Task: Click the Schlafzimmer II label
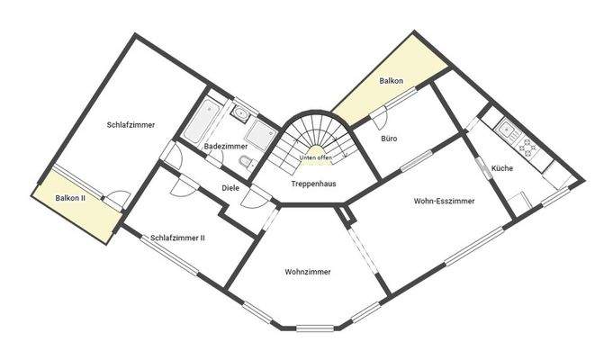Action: click(178, 238)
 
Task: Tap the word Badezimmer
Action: click(225, 146)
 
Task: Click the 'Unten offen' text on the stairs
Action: click(313, 157)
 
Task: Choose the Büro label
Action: click(389, 139)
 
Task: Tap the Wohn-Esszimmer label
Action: click(444, 201)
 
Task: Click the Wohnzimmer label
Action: click(308, 271)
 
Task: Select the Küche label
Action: click(502, 168)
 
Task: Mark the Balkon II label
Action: click(70, 198)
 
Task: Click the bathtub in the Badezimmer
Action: click(200, 123)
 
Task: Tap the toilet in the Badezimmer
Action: click(245, 161)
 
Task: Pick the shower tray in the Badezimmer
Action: click(263, 136)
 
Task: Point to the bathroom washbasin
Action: click(239, 113)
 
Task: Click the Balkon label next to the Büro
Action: click(391, 81)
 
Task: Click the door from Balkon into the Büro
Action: click(380, 115)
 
